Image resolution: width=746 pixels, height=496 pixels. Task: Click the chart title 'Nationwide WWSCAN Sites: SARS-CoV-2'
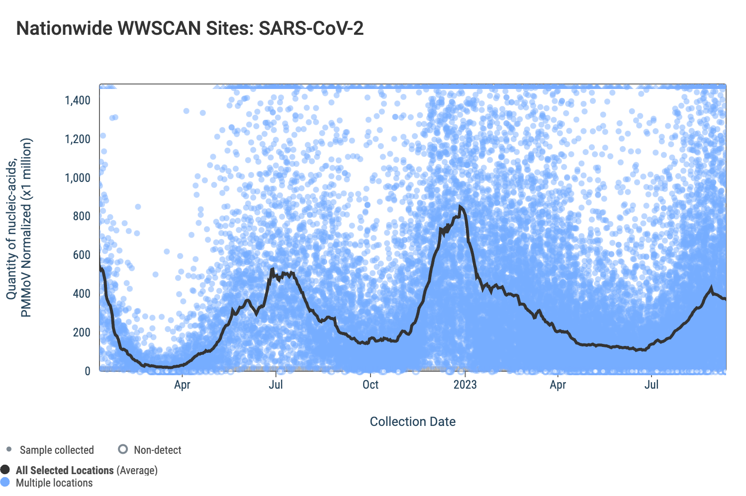coord(190,28)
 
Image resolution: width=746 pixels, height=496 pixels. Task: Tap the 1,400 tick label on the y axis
coord(78,100)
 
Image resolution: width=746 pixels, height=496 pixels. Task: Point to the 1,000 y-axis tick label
coord(78,178)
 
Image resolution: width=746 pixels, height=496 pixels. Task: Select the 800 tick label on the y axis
coord(81,216)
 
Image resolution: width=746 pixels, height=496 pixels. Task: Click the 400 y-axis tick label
coord(81,294)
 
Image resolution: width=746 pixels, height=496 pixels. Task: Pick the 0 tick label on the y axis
coord(88,371)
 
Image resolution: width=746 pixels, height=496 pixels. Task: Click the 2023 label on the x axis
coord(465,385)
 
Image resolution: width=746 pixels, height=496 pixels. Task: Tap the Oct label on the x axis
coord(371,385)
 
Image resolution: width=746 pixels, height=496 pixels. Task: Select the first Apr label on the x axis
coord(182,385)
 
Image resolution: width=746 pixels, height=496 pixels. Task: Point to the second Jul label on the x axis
coord(652,385)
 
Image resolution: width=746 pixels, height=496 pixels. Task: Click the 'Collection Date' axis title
coord(413,421)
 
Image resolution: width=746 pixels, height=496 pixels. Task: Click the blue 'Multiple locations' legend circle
coord(5,482)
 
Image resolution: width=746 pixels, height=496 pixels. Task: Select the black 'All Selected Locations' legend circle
coord(5,470)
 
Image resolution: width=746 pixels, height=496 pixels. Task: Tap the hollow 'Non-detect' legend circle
coord(123,449)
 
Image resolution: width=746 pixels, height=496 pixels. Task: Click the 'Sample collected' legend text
coord(57,450)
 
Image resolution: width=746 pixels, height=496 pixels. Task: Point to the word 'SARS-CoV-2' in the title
coord(311,28)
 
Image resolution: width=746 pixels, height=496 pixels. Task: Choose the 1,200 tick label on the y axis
coord(78,139)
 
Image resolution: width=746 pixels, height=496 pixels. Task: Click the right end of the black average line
coord(725,299)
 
